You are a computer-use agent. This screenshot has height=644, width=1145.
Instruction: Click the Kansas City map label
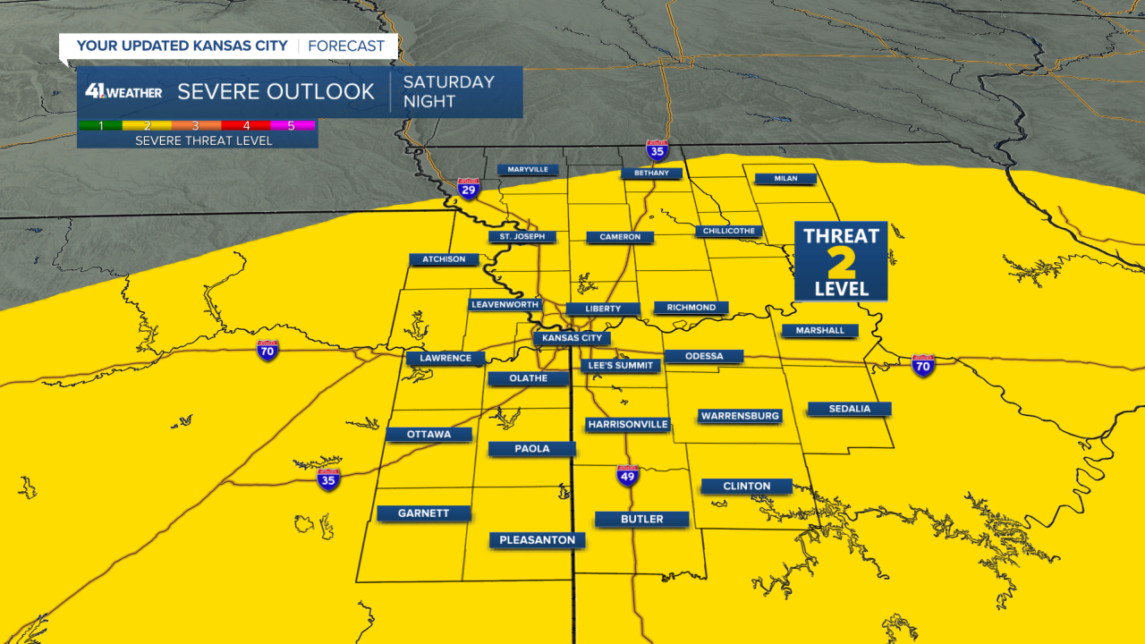coord(572,338)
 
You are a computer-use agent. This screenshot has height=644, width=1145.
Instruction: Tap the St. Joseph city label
coord(522,237)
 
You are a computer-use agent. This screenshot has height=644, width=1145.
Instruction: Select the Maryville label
coord(528,169)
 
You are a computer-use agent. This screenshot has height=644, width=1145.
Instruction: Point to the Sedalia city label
coord(849,409)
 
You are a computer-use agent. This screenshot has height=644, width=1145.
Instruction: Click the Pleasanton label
coord(537,539)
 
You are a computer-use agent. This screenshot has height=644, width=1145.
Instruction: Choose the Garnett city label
coord(424,513)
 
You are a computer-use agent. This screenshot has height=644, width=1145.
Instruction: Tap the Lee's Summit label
coord(621,365)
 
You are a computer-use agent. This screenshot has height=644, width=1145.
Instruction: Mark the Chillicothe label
coord(729,231)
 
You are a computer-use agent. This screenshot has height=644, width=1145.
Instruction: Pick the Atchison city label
coord(444,259)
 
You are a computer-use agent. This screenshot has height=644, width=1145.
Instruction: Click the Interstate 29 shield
coord(468,188)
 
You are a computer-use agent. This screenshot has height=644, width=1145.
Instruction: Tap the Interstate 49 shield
coord(628,476)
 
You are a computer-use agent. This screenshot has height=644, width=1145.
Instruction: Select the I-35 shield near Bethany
coord(657,149)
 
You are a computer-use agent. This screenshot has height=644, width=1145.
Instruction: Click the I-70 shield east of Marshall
coord(923,365)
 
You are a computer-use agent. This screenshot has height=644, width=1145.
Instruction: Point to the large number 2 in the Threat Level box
coord(841,264)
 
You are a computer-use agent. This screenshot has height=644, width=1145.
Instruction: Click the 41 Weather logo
coord(123,91)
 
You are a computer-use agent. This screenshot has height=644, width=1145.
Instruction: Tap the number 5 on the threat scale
coord(291,125)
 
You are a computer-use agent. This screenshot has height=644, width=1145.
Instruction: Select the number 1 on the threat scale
coord(100,125)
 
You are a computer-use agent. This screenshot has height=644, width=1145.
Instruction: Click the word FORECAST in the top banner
coord(346,46)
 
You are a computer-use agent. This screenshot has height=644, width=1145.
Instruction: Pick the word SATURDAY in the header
coord(448,81)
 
